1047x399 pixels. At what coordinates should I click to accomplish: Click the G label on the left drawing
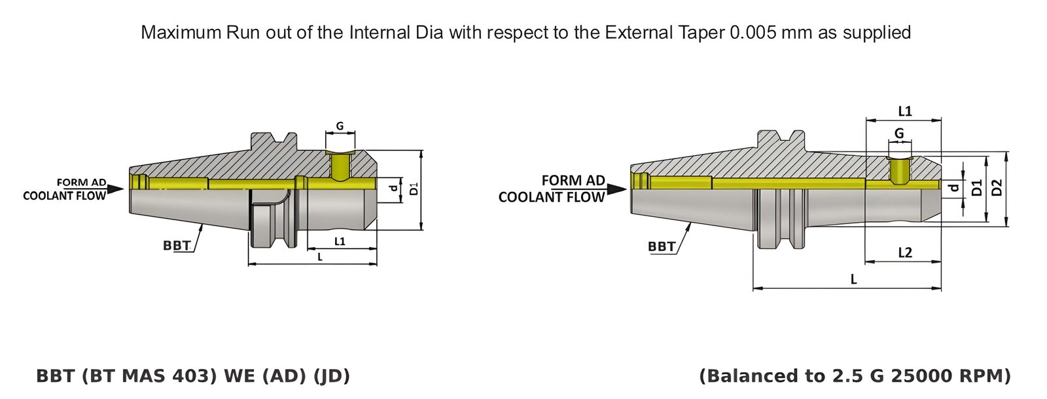point(340,126)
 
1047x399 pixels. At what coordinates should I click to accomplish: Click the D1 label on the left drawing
point(414,189)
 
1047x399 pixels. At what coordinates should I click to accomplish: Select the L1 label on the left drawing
point(340,241)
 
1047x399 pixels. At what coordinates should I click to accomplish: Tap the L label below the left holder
point(320,257)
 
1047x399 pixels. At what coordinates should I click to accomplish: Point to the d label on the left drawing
point(393,189)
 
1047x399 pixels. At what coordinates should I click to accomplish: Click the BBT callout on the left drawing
point(176,246)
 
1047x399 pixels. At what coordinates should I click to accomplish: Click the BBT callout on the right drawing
point(661,246)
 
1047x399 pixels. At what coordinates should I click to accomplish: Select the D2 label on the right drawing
point(997,188)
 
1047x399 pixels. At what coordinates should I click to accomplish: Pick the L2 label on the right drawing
point(904,253)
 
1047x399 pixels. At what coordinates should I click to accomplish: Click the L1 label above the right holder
point(904,111)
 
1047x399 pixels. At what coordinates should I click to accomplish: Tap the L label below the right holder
point(853,280)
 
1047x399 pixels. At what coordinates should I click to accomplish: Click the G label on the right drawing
point(899,133)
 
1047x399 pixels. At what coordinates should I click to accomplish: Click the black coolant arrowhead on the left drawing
point(115,189)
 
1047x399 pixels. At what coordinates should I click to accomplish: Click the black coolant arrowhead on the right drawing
point(616,189)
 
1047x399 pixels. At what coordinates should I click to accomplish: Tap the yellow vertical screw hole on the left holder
point(340,166)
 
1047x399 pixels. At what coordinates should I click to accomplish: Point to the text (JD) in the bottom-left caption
point(332,376)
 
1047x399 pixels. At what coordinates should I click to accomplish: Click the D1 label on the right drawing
point(977,188)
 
